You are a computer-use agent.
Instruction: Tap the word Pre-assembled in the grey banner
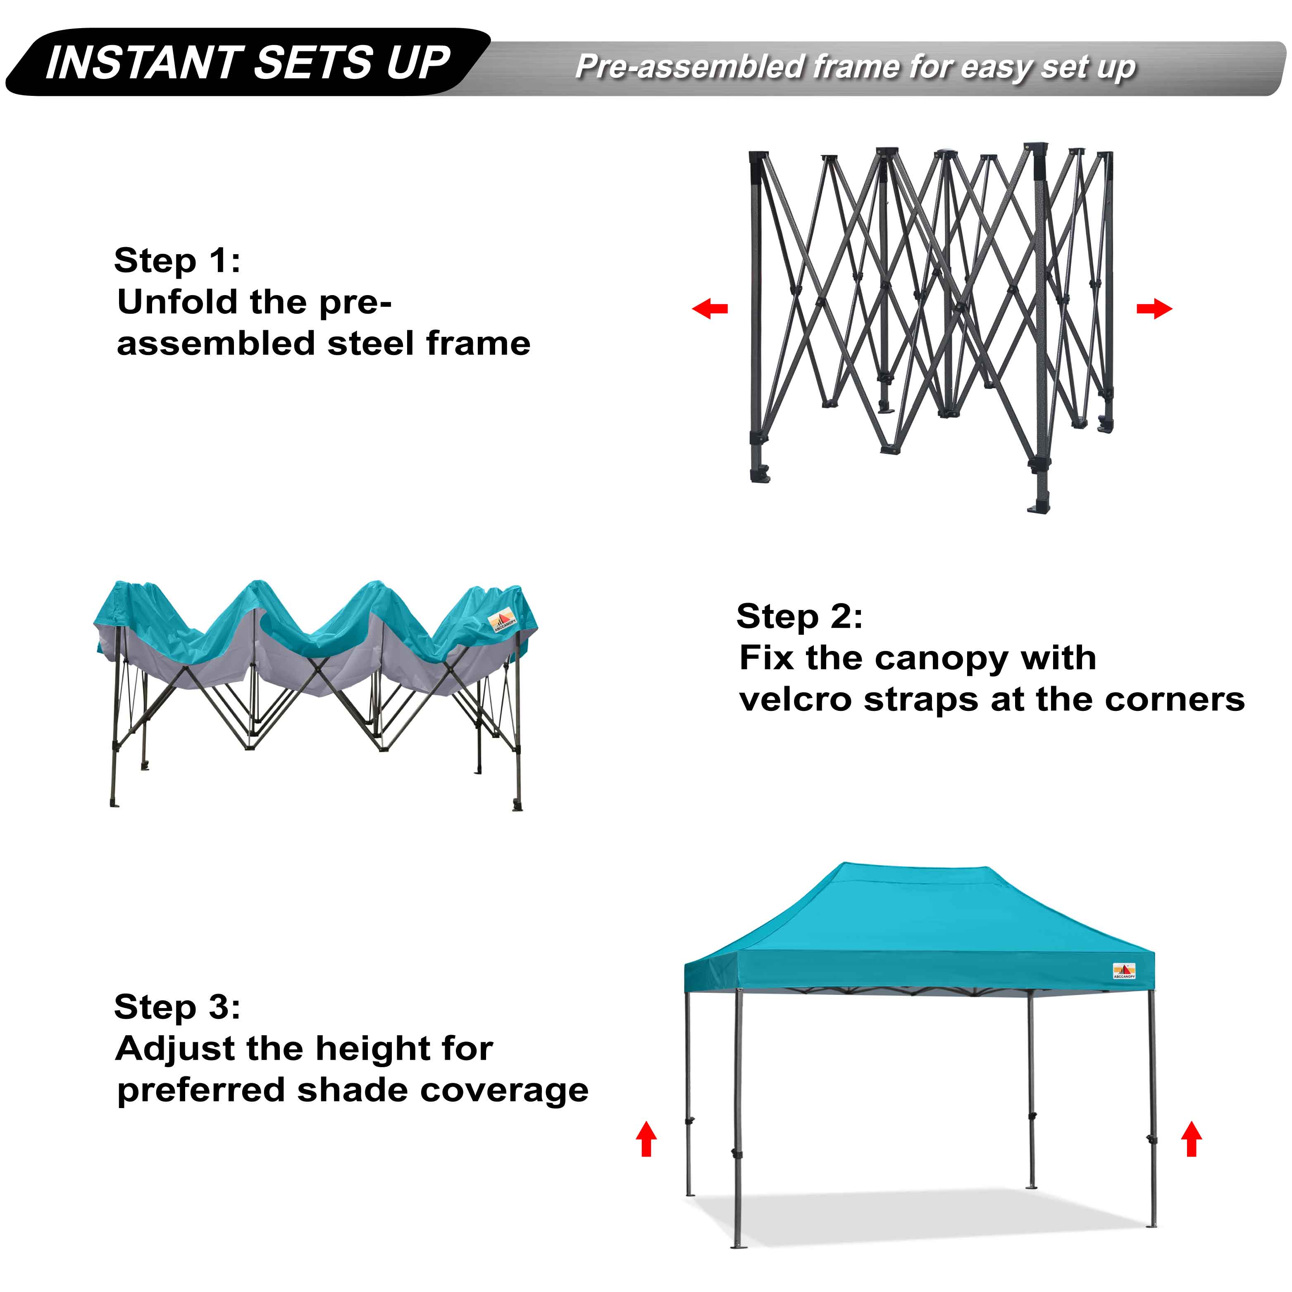pyautogui.click(x=689, y=67)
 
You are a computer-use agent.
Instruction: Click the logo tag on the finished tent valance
pyautogui.click(x=1124, y=971)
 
